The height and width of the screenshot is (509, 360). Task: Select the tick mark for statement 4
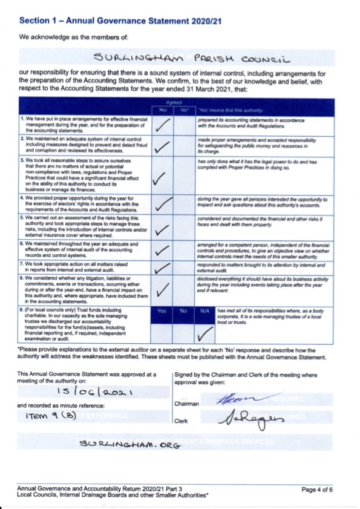coord(163,205)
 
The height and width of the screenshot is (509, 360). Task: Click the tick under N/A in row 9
coord(206,331)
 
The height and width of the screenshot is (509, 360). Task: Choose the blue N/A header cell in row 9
coord(205,311)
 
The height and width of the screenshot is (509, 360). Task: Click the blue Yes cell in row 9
coord(162,311)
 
